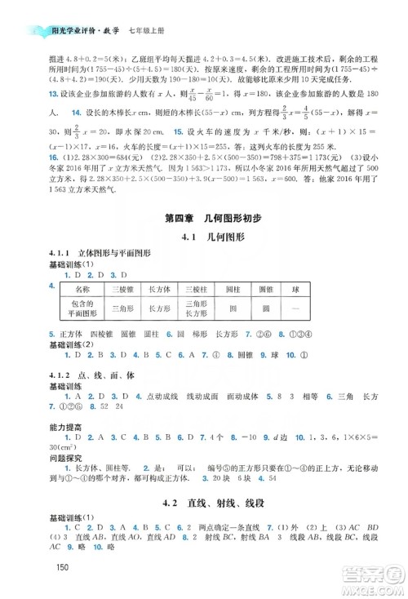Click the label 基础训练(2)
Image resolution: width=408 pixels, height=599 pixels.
click(73, 344)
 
